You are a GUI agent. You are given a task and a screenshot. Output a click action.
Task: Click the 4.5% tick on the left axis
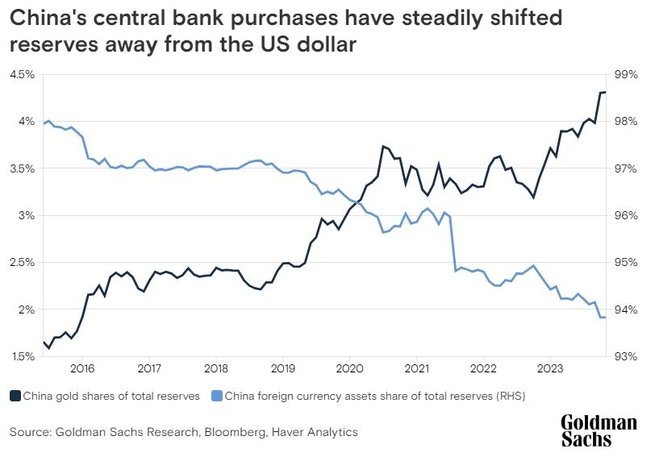[23, 74]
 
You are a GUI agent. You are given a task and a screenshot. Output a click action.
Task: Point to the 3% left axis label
[26, 216]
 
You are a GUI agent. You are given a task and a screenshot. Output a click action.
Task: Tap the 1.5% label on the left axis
[23, 357]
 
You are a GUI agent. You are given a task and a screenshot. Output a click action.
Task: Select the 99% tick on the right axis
[626, 74]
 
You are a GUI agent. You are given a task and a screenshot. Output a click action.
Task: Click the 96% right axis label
[626, 216]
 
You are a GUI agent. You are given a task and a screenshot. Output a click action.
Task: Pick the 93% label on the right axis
[626, 357]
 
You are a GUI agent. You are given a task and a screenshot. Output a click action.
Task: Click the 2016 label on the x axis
[82, 369]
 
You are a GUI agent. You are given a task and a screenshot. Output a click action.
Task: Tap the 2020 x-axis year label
[348, 369]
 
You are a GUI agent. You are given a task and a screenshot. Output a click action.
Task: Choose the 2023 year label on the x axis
[549, 369]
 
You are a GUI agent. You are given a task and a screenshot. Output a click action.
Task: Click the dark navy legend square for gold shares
[15, 396]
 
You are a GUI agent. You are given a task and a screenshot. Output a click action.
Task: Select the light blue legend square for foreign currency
[216, 396]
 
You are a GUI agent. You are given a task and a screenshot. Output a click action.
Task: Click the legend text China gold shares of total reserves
[110, 396]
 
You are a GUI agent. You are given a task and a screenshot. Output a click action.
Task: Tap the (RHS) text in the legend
[507, 396]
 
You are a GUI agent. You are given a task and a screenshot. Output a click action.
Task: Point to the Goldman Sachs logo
[599, 430]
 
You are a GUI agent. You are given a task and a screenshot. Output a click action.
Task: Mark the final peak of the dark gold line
[603, 92]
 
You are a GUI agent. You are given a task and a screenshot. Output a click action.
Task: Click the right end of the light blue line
[605, 318]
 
